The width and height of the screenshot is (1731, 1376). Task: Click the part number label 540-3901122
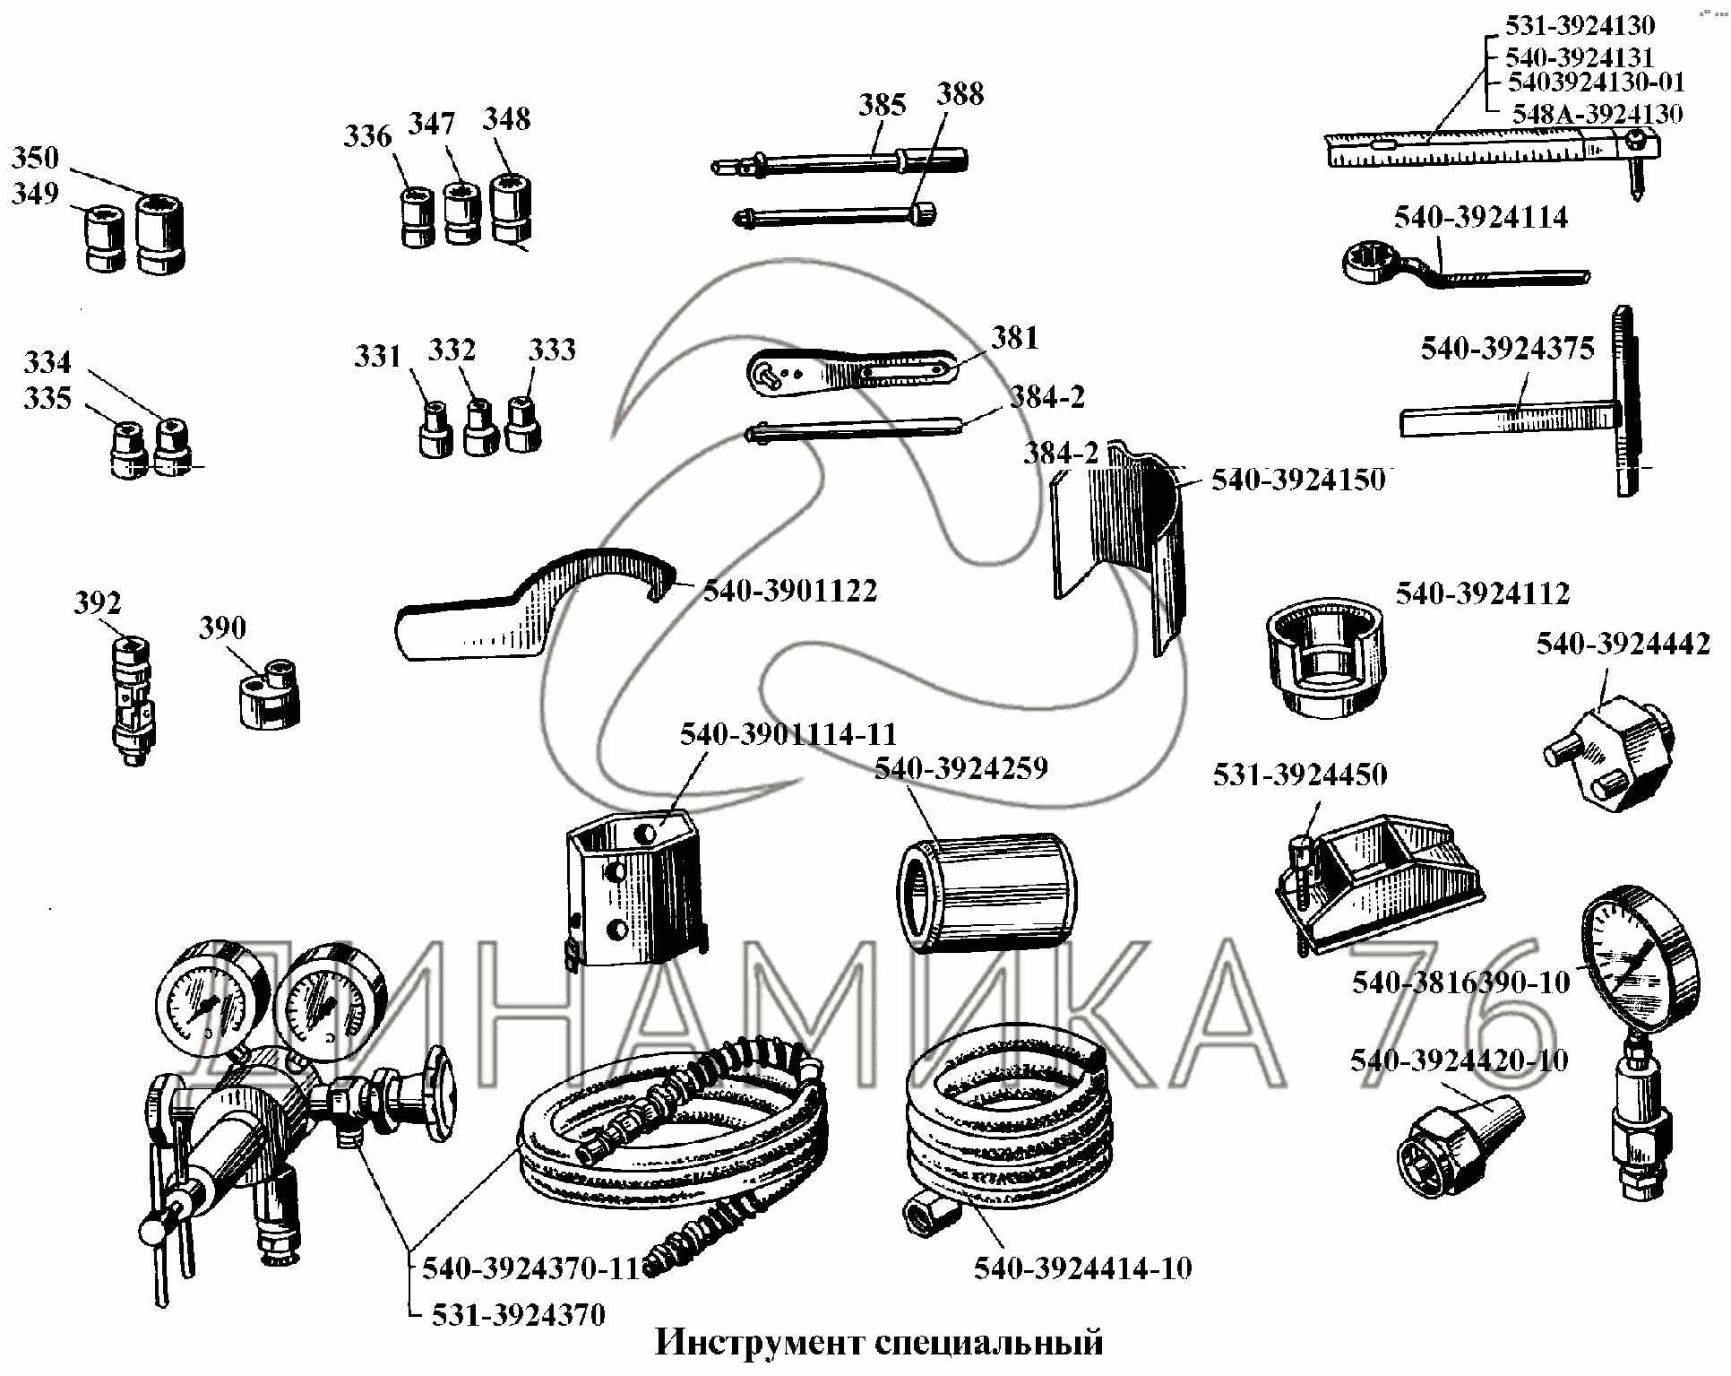coord(789,592)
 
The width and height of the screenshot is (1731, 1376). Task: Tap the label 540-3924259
coord(960,769)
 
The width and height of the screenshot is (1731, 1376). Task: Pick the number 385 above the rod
coord(883,105)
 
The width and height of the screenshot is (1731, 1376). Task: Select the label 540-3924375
coord(1507,349)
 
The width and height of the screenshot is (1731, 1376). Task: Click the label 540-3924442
coord(1623,644)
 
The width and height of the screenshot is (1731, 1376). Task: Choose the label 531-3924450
coord(1299,775)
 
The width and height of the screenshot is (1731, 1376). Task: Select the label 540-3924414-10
coord(1082,1268)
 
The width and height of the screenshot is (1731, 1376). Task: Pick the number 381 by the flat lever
coord(1015,338)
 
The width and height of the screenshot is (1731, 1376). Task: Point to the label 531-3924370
coord(518,1315)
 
